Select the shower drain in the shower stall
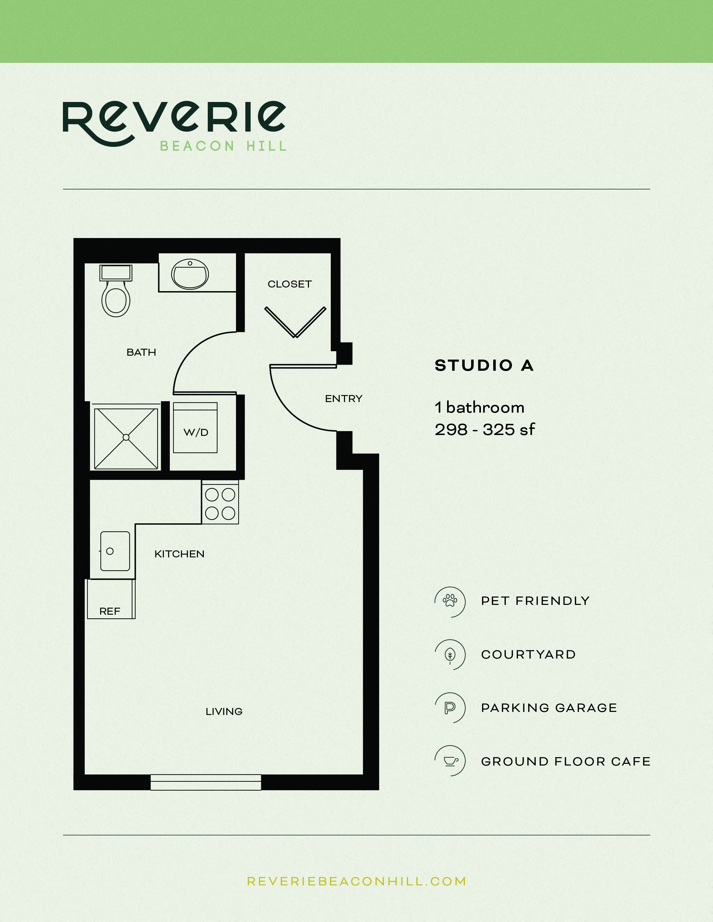point(126,437)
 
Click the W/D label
point(195,432)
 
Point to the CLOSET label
point(289,284)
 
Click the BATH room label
point(141,352)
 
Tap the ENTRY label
point(343,398)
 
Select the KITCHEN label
point(179,554)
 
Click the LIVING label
point(224,711)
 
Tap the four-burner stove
point(220,504)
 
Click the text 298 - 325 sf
point(485,430)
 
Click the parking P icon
point(450,707)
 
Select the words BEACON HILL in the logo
point(223,146)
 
